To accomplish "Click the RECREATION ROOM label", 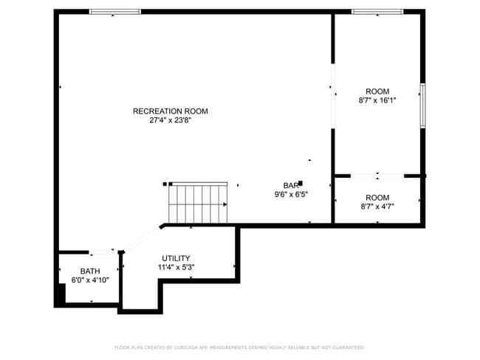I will pyautogui.click(x=170, y=111).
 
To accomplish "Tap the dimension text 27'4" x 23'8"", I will pyautogui.click(x=170, y=120).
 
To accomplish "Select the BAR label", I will pyautogui.click(x=289, y=185).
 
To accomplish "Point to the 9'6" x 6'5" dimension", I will pyautogui.click(x=290, y=195).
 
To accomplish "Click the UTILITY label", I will pyautogui.click(x=176, y=258).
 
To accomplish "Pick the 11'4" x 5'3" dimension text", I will pyautogui.click(x=176, y=268).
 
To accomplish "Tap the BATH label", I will pyautogui.click(x=90, y=271).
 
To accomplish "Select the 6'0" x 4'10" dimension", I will pyautogui.click(x=90, y=280).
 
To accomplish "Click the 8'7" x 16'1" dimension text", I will pyautogui.click(x=377, y=100).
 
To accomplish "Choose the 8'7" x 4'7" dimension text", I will pyautogui.click(x=377, y=207).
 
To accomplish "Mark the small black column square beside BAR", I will pyautogui.click(x=301, y=183).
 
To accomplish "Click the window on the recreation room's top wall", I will pyautogui.click(x=115, y=12).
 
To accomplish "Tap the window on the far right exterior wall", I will pyautogui.click(x=422, y=105).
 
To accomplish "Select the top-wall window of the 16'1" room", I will pyautogui.click(x=377, y=12).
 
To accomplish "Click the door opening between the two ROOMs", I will pyautogui.click(x=377, y=176).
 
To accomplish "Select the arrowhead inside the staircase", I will pyautogui.click(x=224, y=204).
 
